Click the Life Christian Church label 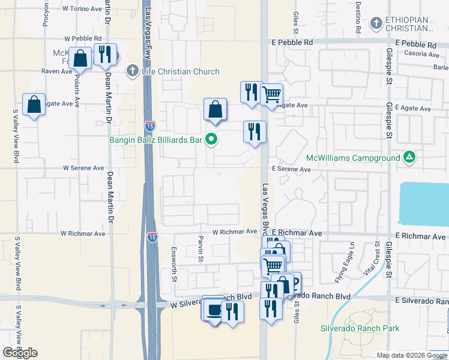[x=181, y=72]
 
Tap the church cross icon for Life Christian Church [x=133, y=71]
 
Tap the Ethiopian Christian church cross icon [x=376, y=24]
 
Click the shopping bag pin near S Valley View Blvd [x=34, y=104]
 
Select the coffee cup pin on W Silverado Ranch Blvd [x=214, y=310]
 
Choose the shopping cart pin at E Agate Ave [x=271, y=94]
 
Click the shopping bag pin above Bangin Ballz [x=215, y=109]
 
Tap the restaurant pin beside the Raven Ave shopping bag [x=106, y=54]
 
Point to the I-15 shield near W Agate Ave [x=150, y=126]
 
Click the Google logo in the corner [x=20, y=353]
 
